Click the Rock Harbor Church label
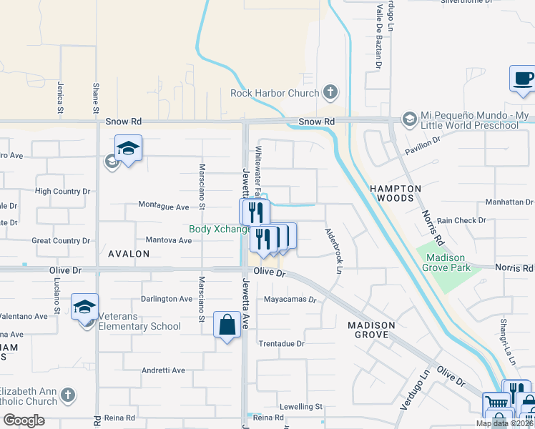tap(275, 93)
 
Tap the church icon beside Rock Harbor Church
tap(330, 92)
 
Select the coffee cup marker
tap(522, 79)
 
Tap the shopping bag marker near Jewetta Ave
tap(227, 325)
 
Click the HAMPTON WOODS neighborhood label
tap(396, 192)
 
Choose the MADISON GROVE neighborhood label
tap(371, 330)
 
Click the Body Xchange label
tap(220, 230)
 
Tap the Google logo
tap(24, 420)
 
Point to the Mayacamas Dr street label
tap(290, 300)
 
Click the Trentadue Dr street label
tap(281, 344)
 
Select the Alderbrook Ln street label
tap(333, 250)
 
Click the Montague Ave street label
tap(164, 207)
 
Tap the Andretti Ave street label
tap(163, 370)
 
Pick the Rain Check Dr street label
tap(461, 221)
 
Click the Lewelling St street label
tap(301, 406)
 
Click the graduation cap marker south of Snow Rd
tap(128, 148)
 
